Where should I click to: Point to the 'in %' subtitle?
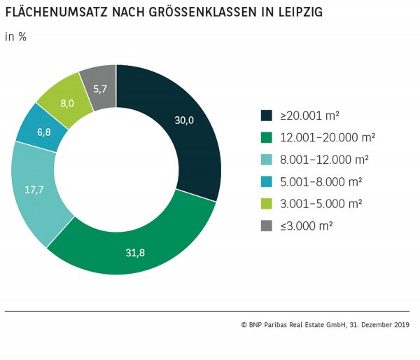click(16, 37)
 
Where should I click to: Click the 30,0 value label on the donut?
click(184, 120)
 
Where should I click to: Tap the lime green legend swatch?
click(266, 203)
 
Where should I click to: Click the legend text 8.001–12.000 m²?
click(321, 159)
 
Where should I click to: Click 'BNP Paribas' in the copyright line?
click(277, 325)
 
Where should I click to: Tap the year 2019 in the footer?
click(402, 325)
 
